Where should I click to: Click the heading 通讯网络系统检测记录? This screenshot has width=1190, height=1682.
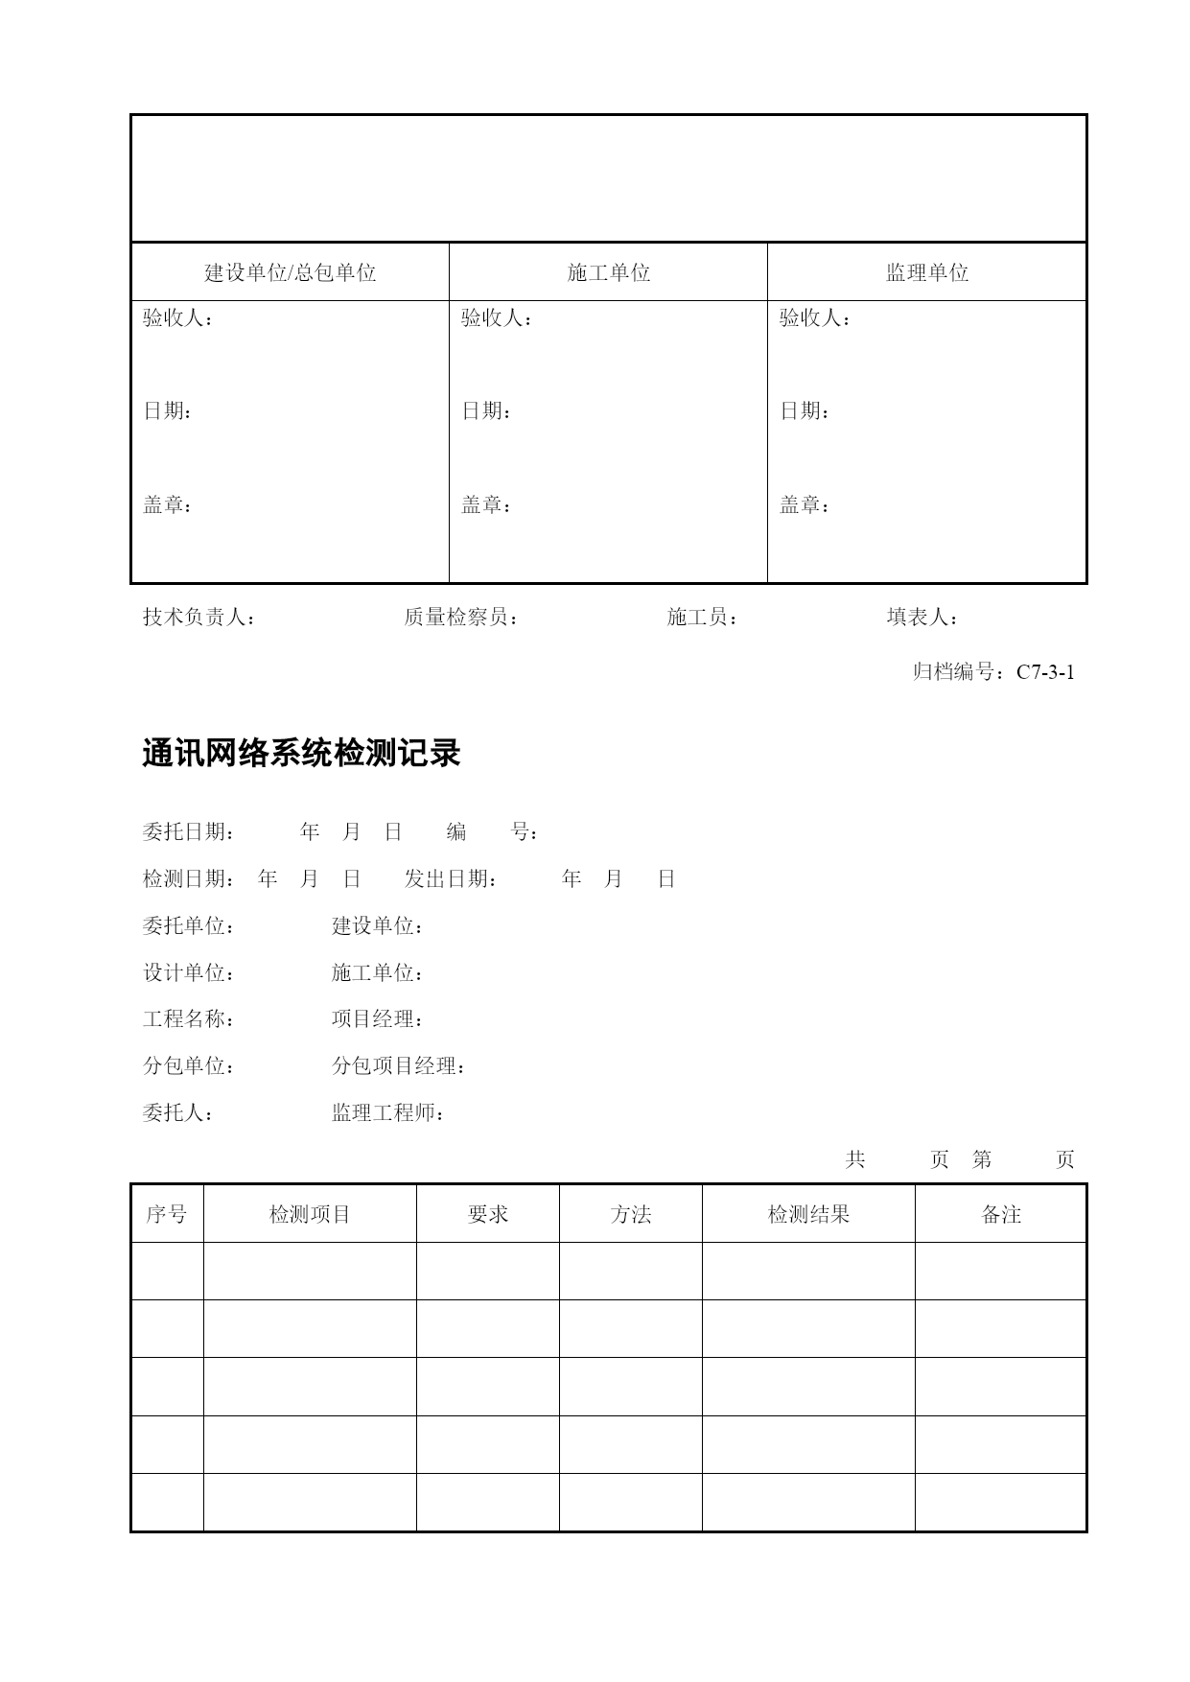(x=301, y=754)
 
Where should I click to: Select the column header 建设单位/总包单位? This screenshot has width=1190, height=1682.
(x=290, y=273)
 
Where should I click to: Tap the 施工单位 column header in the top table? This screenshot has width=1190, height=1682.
(x=608, y=273)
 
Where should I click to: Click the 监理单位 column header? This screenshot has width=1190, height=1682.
(x=926, y=273)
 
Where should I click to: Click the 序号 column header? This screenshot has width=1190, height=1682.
(x=167, y=1215)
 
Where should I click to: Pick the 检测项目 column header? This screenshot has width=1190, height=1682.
(x=310, y=1215)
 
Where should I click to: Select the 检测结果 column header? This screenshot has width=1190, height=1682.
(x=808, y=1215)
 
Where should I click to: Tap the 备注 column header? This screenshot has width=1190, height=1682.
(x=1001, y=1215)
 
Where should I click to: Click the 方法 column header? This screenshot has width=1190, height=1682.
(x=631, y=1215)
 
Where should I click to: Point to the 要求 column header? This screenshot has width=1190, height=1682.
(x=488, y=1215)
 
